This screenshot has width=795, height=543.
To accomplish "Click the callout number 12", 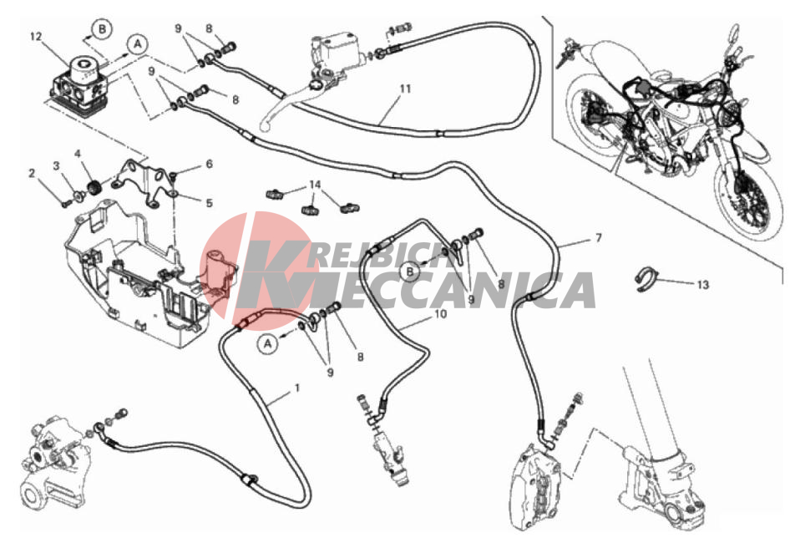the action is pos(36,37).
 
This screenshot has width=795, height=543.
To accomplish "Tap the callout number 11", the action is pos(404,89).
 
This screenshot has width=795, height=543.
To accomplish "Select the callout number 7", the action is pos(598,237).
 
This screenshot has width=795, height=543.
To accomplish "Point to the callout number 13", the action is pos(702,285).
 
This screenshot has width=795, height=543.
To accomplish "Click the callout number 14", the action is pos(316,185).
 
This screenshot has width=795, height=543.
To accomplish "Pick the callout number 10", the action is pos(441,314).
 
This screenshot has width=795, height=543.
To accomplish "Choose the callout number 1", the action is pos(297,388).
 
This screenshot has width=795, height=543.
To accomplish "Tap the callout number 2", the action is pos(32,174).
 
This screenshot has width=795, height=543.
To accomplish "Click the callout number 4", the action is pos(78,153).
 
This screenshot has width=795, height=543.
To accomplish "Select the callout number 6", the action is pos(209,164).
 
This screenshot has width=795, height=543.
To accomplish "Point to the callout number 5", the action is pos(209,203).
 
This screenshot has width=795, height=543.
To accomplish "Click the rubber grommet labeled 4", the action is pos(94,186).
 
